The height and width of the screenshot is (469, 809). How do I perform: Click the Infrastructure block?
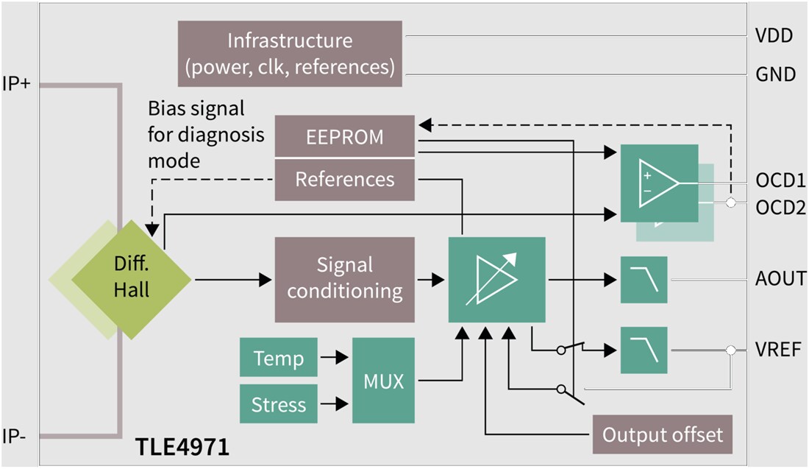coord(290,53)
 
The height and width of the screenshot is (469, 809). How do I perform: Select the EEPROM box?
coord(344,136)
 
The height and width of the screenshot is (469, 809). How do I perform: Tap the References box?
coord(344,179)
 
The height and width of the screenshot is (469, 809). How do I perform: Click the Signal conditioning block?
coord(344,279)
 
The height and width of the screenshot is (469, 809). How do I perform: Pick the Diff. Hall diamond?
coord(131,279)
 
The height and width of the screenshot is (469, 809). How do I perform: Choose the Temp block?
coord(278,359)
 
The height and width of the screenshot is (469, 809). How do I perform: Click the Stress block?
coord(278,403)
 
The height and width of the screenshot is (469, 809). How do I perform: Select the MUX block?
coord(383,381)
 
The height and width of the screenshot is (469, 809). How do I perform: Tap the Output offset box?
coord(663,434)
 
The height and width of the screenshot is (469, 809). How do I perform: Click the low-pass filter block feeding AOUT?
coord(644,280)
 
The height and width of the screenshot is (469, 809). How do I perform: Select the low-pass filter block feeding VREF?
coord(644,350)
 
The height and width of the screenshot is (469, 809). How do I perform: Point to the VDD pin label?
coord(774,35)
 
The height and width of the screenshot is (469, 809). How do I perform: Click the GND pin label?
coord(775,74)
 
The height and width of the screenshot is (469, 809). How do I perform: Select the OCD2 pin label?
coord(780,208)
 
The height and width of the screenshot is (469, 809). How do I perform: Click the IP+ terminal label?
coord(16,84)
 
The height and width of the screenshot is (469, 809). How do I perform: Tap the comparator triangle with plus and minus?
coord(657,183)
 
